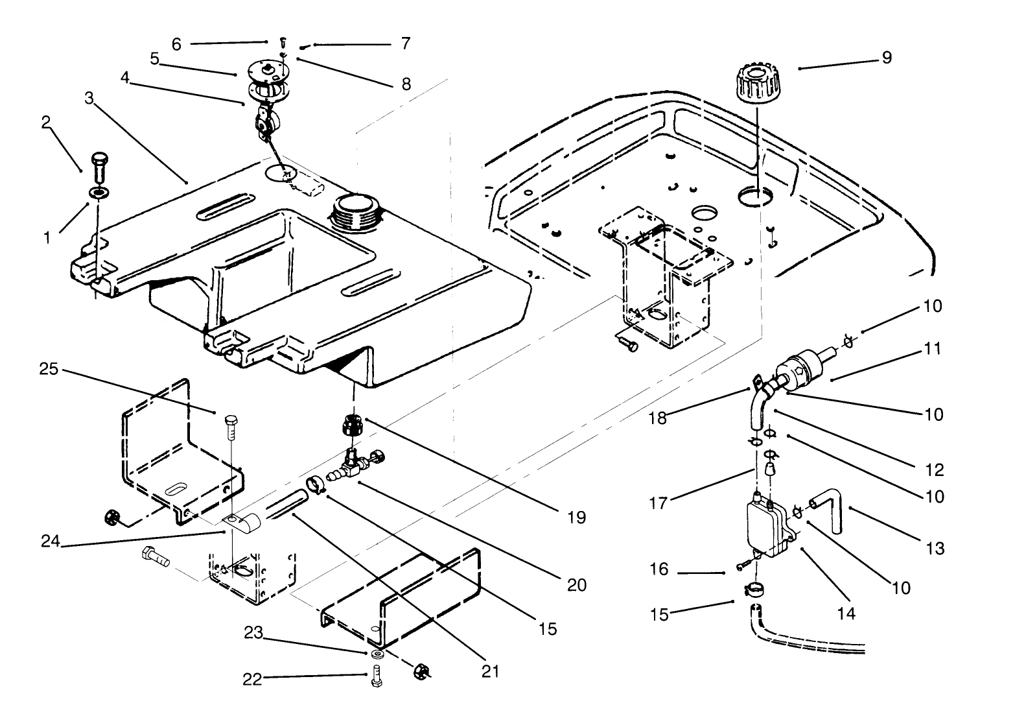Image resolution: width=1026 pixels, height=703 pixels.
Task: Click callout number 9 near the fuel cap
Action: tap(887, 58)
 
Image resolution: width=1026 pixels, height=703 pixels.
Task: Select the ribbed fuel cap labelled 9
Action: tap(756, 82)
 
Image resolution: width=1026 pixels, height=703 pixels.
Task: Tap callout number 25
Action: tap(49, 369)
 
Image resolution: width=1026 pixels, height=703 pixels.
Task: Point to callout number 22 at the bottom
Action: tap(252, 679)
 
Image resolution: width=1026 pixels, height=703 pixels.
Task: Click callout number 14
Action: tap(846, 613)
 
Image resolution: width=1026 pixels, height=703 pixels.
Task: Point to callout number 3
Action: tap(89, 99)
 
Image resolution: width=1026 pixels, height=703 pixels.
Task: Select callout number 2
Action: tap(46, 123)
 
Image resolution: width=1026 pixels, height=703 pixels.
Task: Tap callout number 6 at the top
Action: tap(176, 44)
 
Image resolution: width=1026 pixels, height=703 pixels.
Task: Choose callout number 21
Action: tap(491, 671)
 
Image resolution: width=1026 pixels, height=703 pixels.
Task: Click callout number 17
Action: tap(659, 502)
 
